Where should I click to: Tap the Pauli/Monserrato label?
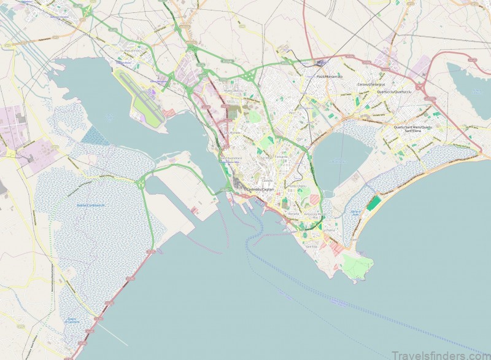(x=330, y=76)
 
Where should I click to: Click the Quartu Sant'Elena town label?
(x=413, y=128)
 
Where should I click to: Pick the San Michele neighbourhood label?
(x=233, y=132)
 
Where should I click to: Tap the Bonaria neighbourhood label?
(x=293, y=214)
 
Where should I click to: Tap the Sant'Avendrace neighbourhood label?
(x=231, y=158)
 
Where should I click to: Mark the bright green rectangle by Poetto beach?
(x=374, y=203)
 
